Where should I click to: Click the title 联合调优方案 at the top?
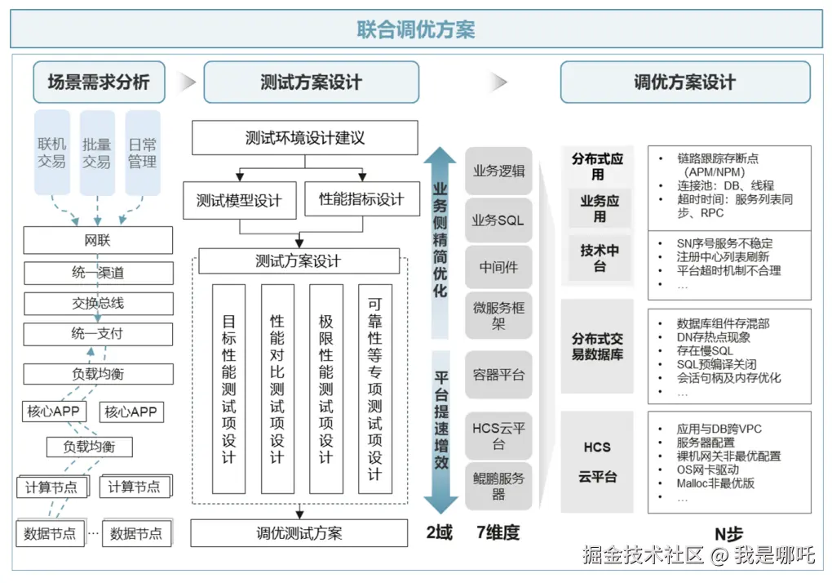coord(416,29)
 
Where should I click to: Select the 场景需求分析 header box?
coord(99,82)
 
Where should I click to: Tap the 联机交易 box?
coord(51,153)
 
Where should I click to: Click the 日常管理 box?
coord(142,153)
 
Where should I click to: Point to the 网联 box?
coord(98,241)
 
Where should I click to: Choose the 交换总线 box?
coord(98,303)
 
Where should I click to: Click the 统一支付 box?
coord(98,334)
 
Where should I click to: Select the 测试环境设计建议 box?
coord(305,138)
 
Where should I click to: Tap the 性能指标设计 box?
coord(361,199)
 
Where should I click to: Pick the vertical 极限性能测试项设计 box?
coord(326,389)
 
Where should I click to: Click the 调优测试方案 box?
coord(299,533)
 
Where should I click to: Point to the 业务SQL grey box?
coord(498,220)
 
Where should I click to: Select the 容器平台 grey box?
coord(498,375)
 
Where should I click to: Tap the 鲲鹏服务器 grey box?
coord(498,486)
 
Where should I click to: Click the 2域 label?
coord(439,533)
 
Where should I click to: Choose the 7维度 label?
coord(498,533)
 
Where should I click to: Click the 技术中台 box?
coord(600,258)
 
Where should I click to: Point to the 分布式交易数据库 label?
coord(598,346)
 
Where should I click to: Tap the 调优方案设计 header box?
coord(684,82)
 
